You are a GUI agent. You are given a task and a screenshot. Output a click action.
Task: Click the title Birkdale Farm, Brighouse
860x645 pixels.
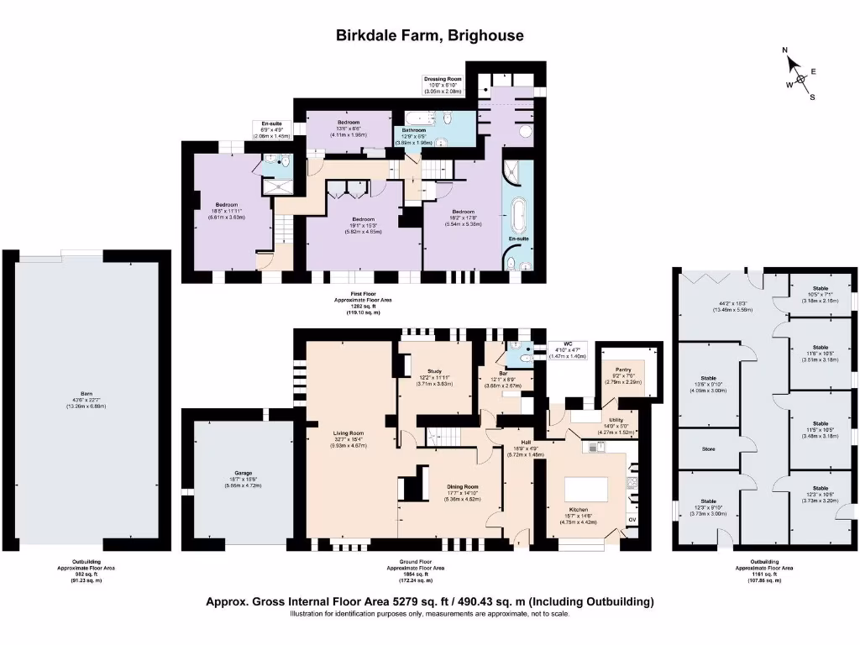tap(429, 35)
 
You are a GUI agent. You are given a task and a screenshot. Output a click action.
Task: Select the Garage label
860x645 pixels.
tap(244, 473)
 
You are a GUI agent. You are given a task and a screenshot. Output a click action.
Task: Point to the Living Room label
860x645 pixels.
tap(346, 433)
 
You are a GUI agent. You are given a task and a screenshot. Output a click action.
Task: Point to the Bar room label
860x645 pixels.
tap(503, 373)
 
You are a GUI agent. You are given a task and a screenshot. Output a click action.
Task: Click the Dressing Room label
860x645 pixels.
tap(442, 79)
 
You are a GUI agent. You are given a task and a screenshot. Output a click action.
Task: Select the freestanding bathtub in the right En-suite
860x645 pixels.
tap(516, 213)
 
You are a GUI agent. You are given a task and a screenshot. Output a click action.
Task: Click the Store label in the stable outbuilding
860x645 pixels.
tap(708, 448)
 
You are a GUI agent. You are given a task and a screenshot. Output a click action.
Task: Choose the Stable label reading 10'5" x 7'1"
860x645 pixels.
tap(820, 288)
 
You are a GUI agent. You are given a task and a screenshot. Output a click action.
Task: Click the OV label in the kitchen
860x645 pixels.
tap(632, 521)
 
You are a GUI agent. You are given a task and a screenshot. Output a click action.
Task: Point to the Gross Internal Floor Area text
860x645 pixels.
tap(429, 601)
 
